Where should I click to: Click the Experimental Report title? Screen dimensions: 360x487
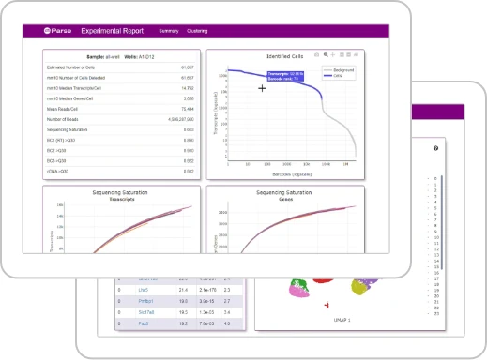click(x=111, y=31)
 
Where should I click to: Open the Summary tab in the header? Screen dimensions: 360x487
click(x=168, y=31)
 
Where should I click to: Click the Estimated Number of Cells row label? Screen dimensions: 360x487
click(x=74, y=68)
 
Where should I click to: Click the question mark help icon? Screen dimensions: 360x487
click(x=435, y=149)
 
